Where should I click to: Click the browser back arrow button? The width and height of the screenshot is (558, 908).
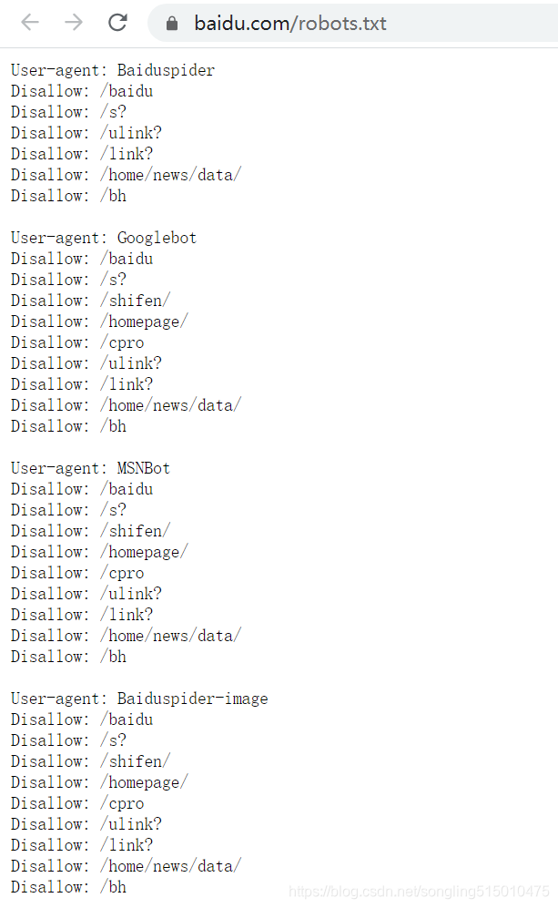tap(30, 23)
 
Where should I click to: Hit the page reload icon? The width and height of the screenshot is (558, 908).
tap(117, 23)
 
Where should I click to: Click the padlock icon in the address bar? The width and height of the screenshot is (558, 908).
tap(172, 24)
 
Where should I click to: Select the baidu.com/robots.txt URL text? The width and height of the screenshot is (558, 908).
tap(289, 24)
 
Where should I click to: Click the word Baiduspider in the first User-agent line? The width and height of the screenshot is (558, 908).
tap(166, 70)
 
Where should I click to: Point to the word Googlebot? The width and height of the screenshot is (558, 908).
tap(157, 238)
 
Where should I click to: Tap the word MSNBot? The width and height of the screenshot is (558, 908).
tap(144, 468)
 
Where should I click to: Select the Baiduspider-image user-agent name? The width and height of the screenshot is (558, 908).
tap(192, 699)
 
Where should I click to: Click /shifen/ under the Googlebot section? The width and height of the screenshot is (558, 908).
tap(135, 301)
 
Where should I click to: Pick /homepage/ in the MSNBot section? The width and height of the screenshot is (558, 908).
tap(144, 552)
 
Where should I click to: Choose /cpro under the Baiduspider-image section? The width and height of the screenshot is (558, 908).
tap(122, 803)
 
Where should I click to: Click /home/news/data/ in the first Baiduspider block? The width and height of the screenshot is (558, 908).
tap(170, 175)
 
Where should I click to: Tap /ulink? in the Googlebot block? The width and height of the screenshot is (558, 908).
tap(130, 363)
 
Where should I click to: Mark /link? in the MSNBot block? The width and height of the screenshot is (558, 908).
tap(127, 615)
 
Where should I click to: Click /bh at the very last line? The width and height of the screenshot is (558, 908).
tap(113, 887)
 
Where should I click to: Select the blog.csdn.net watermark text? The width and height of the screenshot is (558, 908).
tap(418, 891)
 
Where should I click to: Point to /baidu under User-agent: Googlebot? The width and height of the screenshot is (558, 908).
tap(127, 259)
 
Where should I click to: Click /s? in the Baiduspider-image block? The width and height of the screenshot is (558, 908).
tap(113, 740)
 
